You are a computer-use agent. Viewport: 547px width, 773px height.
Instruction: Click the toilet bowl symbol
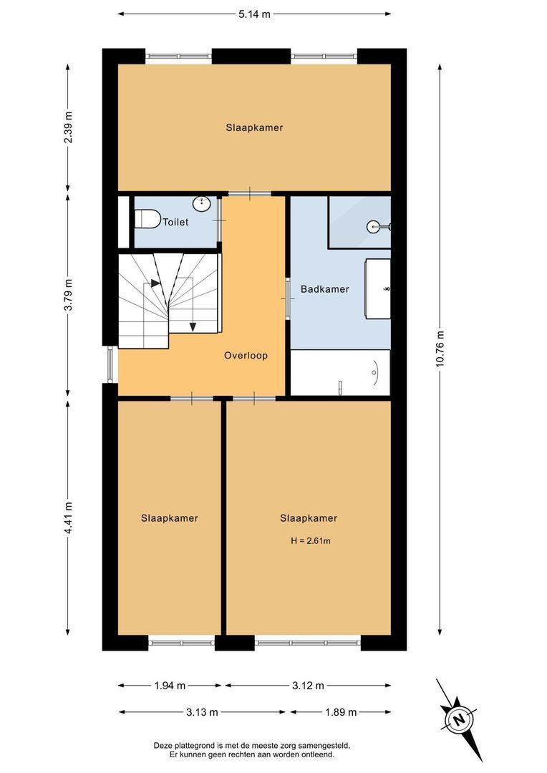click(x=147, y=217)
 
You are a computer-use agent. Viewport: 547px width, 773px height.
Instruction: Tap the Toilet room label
click(x=175, y=223)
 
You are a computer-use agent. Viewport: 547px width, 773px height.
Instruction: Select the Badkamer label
click(x=325, y=289)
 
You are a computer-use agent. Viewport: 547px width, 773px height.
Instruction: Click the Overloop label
click(x=246, y=355)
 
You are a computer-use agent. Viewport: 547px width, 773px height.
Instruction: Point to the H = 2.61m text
click(x=311, y=541)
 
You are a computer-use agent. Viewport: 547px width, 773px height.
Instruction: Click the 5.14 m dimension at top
click(x=254, y=13)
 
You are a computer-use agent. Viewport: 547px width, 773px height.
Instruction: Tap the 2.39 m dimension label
click(x=68, y=128)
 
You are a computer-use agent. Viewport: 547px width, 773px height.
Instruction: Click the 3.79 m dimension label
click(x=68, y=294)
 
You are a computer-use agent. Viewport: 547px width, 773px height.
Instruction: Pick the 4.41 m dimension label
click(x=68, y=518)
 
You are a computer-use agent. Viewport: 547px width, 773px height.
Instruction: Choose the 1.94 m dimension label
click(x=170, y=686)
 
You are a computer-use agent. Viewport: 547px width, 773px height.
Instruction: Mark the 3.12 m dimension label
click(x=309, y=686)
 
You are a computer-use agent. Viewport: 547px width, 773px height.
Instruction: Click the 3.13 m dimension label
click(x=203, y=712)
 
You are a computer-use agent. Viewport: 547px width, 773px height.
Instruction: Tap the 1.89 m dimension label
click(x=341, y=712)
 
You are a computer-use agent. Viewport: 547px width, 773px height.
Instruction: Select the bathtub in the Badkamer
click(x=340, y=372)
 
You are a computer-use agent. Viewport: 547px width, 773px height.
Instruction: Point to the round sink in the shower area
click(x=374, y=227)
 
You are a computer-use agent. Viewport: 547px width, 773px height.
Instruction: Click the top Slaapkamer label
click(x=254, y=128)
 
